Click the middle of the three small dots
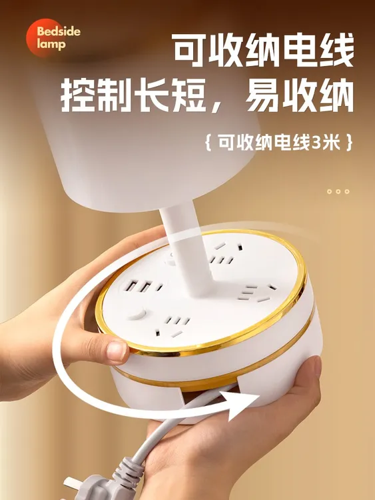coord(338,191)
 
